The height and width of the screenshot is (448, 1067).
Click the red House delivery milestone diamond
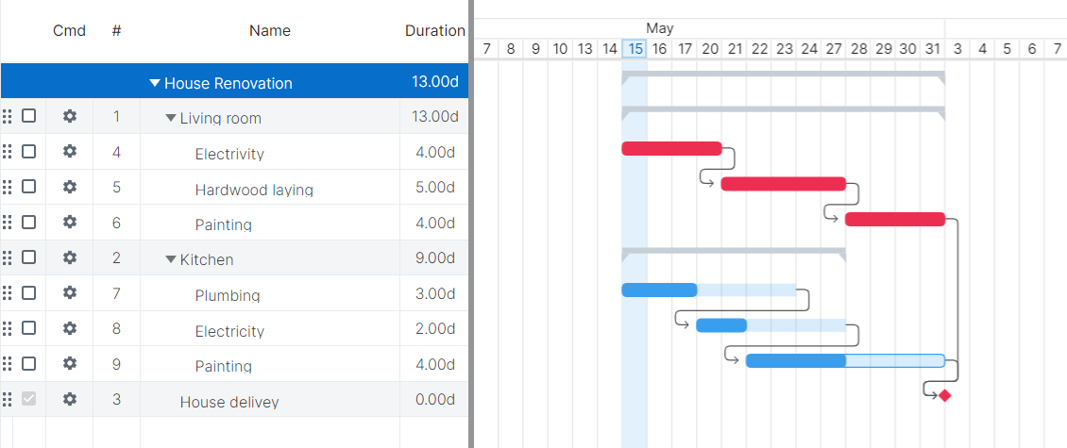pyautogui.click(x=945, y=395)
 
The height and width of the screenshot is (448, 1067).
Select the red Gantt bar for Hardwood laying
pyautogui.click(x=783, y=184)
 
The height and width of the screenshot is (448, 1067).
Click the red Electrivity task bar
pyautogui.click(x=671, y=148)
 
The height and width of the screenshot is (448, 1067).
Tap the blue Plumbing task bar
pyautogui.click(x=659, y=290)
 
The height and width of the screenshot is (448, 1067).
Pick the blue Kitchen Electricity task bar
pyautogui.click(x=721, y=325)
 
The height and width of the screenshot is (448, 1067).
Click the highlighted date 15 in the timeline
pyautogui.click(x=635, y=48)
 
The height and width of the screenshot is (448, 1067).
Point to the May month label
pyautogui.click(x=660, y=28)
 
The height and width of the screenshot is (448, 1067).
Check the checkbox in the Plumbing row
pyautogui.click(x=29, y=292)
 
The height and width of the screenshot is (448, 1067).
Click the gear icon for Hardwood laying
pyautogui.click(x=69, y=187)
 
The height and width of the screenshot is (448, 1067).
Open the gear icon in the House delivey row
pyautogui.click(x=69, y=399)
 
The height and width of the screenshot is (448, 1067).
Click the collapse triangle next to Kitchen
pyautogui.click(x=171, y=259)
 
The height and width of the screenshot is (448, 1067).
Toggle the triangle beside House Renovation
pyautogui.click(x=155, y=83)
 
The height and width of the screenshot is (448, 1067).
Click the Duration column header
pyautogui.click(x=434, y=30)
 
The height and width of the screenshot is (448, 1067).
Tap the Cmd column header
pyautogui.click(x=69, y=30)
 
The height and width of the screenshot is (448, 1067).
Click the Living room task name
pyautogui.click(x=220, y=118)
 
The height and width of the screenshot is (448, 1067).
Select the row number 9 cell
pyautogui.click(x=116, y=364)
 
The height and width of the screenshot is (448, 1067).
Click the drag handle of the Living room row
pyautogui.click(x=8, y=116)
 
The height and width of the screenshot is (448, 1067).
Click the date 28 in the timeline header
pyautogui.click(x=857, y=48)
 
